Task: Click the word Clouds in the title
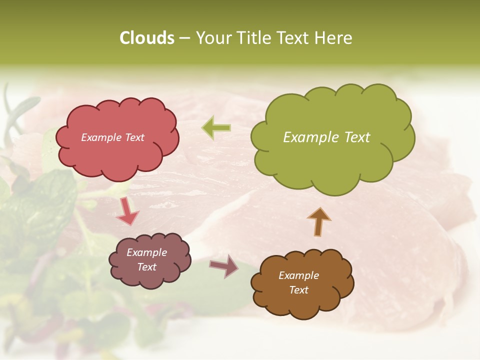point(146,38)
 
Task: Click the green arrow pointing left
point(216,128)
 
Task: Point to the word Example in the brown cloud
point(298,275)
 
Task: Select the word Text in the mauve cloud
point(146,267)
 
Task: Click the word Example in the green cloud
point(311,137)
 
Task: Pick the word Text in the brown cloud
point(298,290)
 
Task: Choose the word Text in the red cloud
point(133,137)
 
